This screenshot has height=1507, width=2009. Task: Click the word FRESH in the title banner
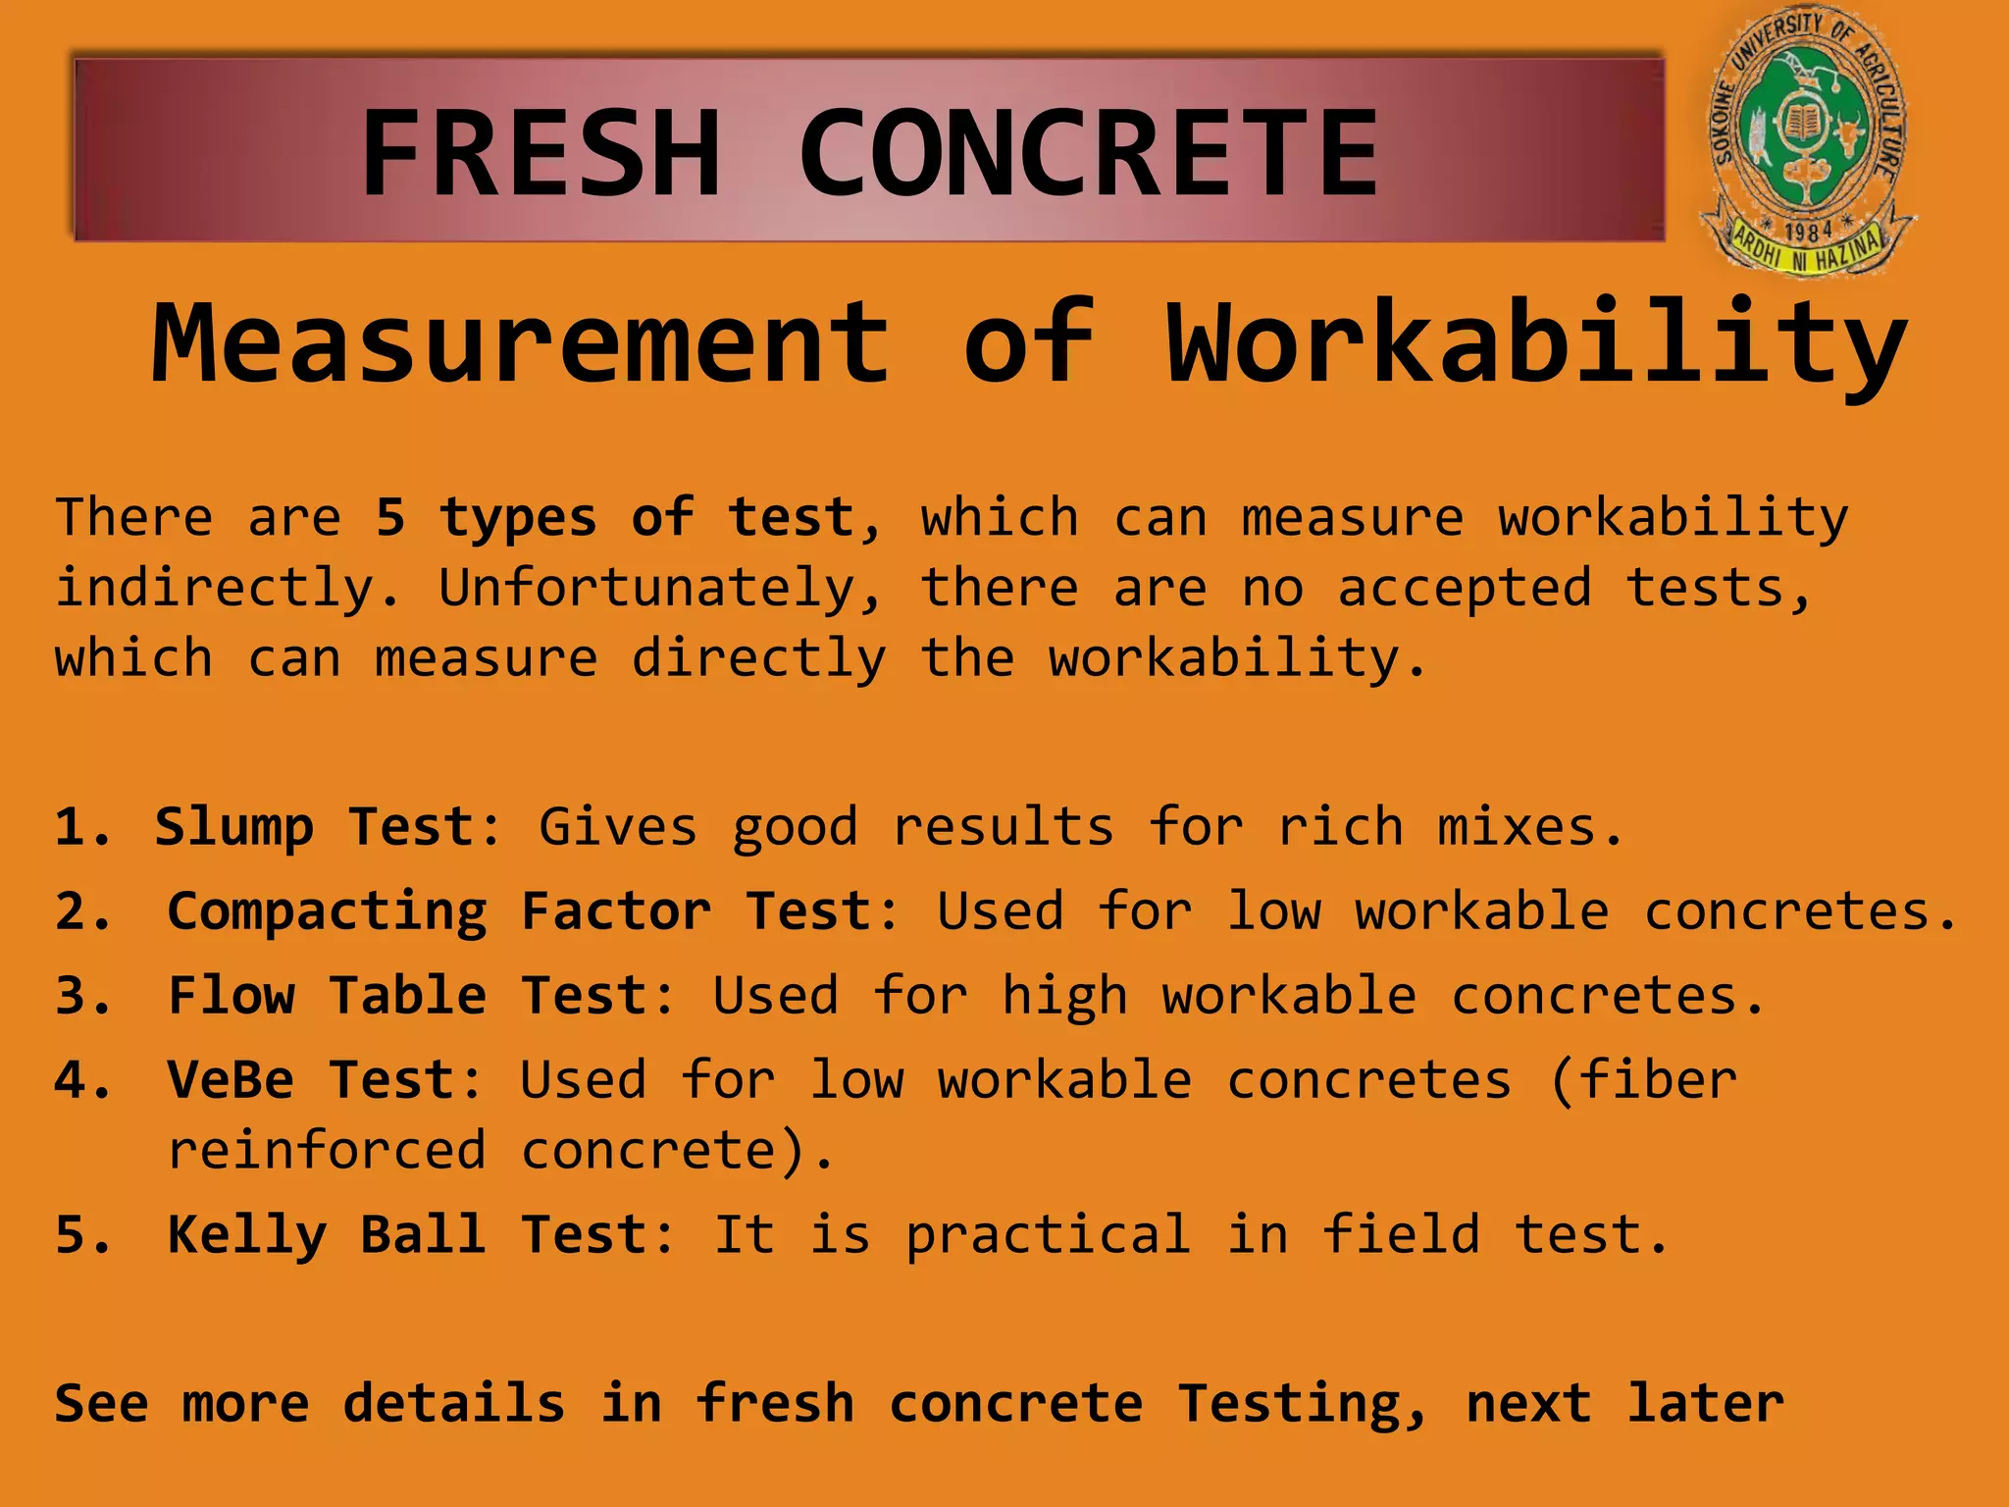click(x=541, y=154)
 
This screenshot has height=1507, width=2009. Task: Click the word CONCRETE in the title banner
click(x=1089, y=154)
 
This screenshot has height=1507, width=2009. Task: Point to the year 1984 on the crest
click(x=1808, y=232)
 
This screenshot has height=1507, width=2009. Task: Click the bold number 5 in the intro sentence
click(x=390, y=517)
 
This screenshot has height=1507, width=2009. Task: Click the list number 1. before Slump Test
click(x=82, y=826)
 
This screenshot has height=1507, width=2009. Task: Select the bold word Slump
click(x=233, y=828)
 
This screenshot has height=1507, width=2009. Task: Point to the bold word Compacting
click(x=327, y=912)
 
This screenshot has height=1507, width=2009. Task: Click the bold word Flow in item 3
click(x=232, y=995)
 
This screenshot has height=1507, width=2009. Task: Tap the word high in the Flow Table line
click(x=1064, y=997)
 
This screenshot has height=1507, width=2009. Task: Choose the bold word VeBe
click(x=231, y=1080)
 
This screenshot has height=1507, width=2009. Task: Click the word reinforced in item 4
click(x=327, y=1150)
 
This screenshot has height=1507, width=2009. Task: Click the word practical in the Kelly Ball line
click(x=1048, y=1235)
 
